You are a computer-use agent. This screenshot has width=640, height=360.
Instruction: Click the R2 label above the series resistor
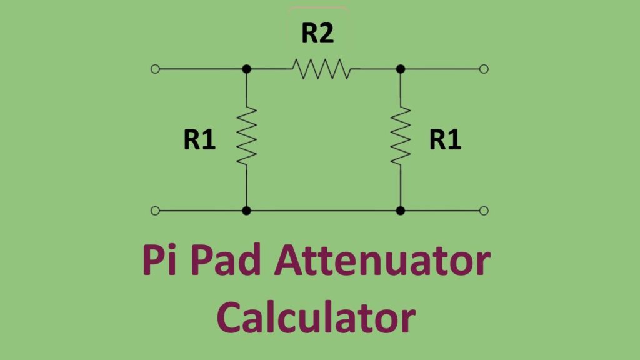317,34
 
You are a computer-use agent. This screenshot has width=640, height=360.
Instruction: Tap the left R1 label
199,141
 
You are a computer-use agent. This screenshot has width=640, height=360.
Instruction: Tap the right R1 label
445,141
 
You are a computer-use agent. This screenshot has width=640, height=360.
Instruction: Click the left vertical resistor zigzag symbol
247,136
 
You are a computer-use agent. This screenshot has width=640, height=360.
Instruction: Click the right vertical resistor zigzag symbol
401,136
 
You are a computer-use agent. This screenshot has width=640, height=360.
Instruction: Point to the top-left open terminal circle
156,69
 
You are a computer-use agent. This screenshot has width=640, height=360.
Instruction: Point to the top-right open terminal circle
484,69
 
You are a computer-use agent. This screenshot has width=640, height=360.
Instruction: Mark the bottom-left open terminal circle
156,211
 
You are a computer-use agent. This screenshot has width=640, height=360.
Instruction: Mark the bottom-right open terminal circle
484,211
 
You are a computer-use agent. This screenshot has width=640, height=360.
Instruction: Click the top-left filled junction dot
247,69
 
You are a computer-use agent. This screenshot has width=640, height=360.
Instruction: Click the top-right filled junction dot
401,69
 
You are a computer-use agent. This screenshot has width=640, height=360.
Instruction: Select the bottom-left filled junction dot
247,211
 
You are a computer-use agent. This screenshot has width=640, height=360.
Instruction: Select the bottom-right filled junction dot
401,211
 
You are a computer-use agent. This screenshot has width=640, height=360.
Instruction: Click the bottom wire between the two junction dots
324,211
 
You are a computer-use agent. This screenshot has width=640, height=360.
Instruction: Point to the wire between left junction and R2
269,69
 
